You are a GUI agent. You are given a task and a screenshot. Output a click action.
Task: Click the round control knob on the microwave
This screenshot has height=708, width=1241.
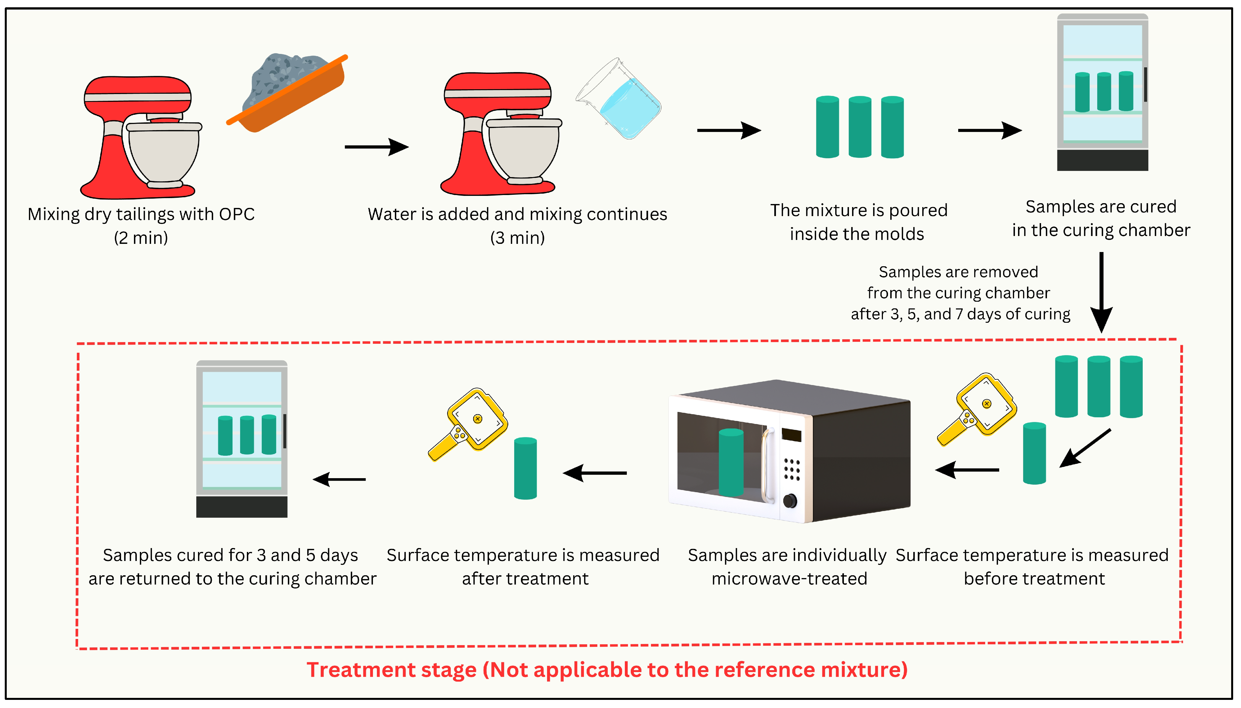pyautogui.click(x=790, y=500)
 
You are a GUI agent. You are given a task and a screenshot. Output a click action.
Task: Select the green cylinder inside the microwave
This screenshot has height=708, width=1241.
pyautogui.click(x=731, y=462)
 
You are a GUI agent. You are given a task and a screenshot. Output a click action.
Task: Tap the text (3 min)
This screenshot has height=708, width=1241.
pyautogui.click(x=517, y=238)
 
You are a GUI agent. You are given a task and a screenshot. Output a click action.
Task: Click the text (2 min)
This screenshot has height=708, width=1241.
pyautogui.click(x=141, y=238)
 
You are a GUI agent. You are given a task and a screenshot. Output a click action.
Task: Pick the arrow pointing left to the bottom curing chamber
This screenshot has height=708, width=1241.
pyautogui.click(x=339, y=480)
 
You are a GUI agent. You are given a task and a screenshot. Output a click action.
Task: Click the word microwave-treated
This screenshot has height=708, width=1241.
pyautogui.click(x=789, y=579)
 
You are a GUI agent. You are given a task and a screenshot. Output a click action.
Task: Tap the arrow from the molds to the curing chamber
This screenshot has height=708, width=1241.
pyautogui.click(x=989, y=130)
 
